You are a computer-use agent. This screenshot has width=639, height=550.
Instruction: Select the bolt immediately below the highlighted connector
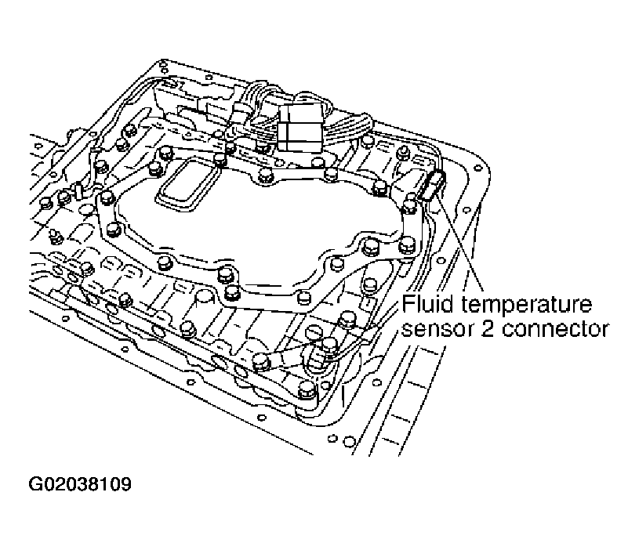408,206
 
